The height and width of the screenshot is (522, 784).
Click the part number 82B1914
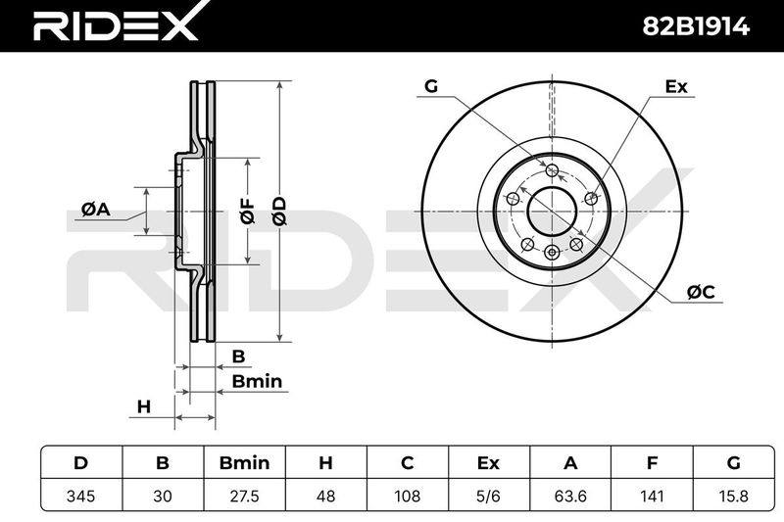pyautogui.click(x=696, y=26)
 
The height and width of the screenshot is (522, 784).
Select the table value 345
pyautogui.click(x=80, y=496)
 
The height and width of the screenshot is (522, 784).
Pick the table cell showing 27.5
pyautogui.click(x=244, y=496)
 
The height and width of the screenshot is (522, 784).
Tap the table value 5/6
pyautogui.click(x=488, y=496)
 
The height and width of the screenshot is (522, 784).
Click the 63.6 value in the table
pyautogui.click(x=570, y=496)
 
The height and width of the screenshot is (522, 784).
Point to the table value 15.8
pyautogui.click(x=733, y=496)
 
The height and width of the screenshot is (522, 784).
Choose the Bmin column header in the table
pyautogui.click(x=244, y=463)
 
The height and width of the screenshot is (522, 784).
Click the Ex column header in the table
pyautogui.click(x=488, y=463)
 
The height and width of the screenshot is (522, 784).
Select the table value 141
pyautogui.click(x=652, y=496)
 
